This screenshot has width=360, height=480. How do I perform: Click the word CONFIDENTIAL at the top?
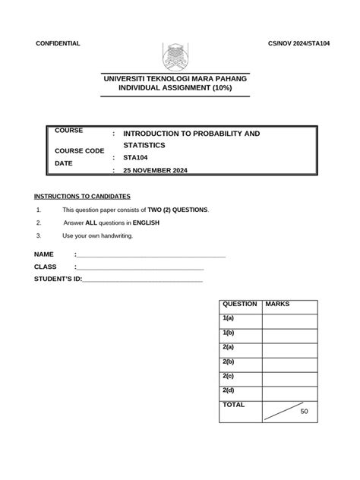[x=58, y=44]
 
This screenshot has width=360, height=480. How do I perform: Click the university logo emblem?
[x=180, y=57]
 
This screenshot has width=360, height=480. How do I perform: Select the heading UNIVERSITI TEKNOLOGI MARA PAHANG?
[x=175, y=79]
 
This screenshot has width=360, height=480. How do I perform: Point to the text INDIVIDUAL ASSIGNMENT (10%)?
[x=175, y=89]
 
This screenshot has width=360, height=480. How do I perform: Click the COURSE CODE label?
[x=80, y=151]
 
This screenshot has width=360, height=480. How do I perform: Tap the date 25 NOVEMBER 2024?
[x=155, y=171]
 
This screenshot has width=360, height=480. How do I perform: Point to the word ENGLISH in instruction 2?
[x=146, y=223]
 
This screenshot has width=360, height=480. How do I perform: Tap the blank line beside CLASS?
[x=140, y=267]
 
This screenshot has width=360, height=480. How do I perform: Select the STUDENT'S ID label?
[x=57, y=279]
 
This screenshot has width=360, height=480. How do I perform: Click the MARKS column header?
[x=277, y=305]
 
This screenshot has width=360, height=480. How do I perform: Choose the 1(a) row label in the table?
[x=229, y=319]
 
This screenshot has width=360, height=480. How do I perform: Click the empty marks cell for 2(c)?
[x=289, y=377]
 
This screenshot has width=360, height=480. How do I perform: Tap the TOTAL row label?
[x=233, y=406]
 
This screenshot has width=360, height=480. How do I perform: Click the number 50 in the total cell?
[x=304, y=412]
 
